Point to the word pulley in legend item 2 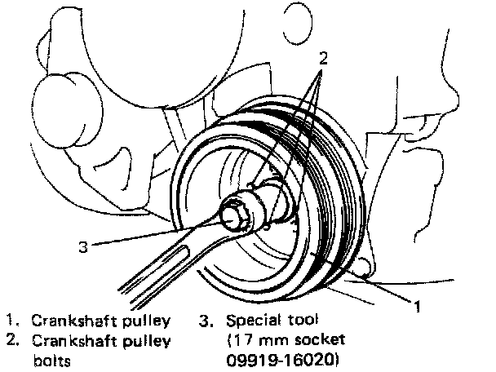click(147, 340)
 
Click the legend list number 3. click(204, 320)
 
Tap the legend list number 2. click(9, 340)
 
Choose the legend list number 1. click(9, 321)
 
